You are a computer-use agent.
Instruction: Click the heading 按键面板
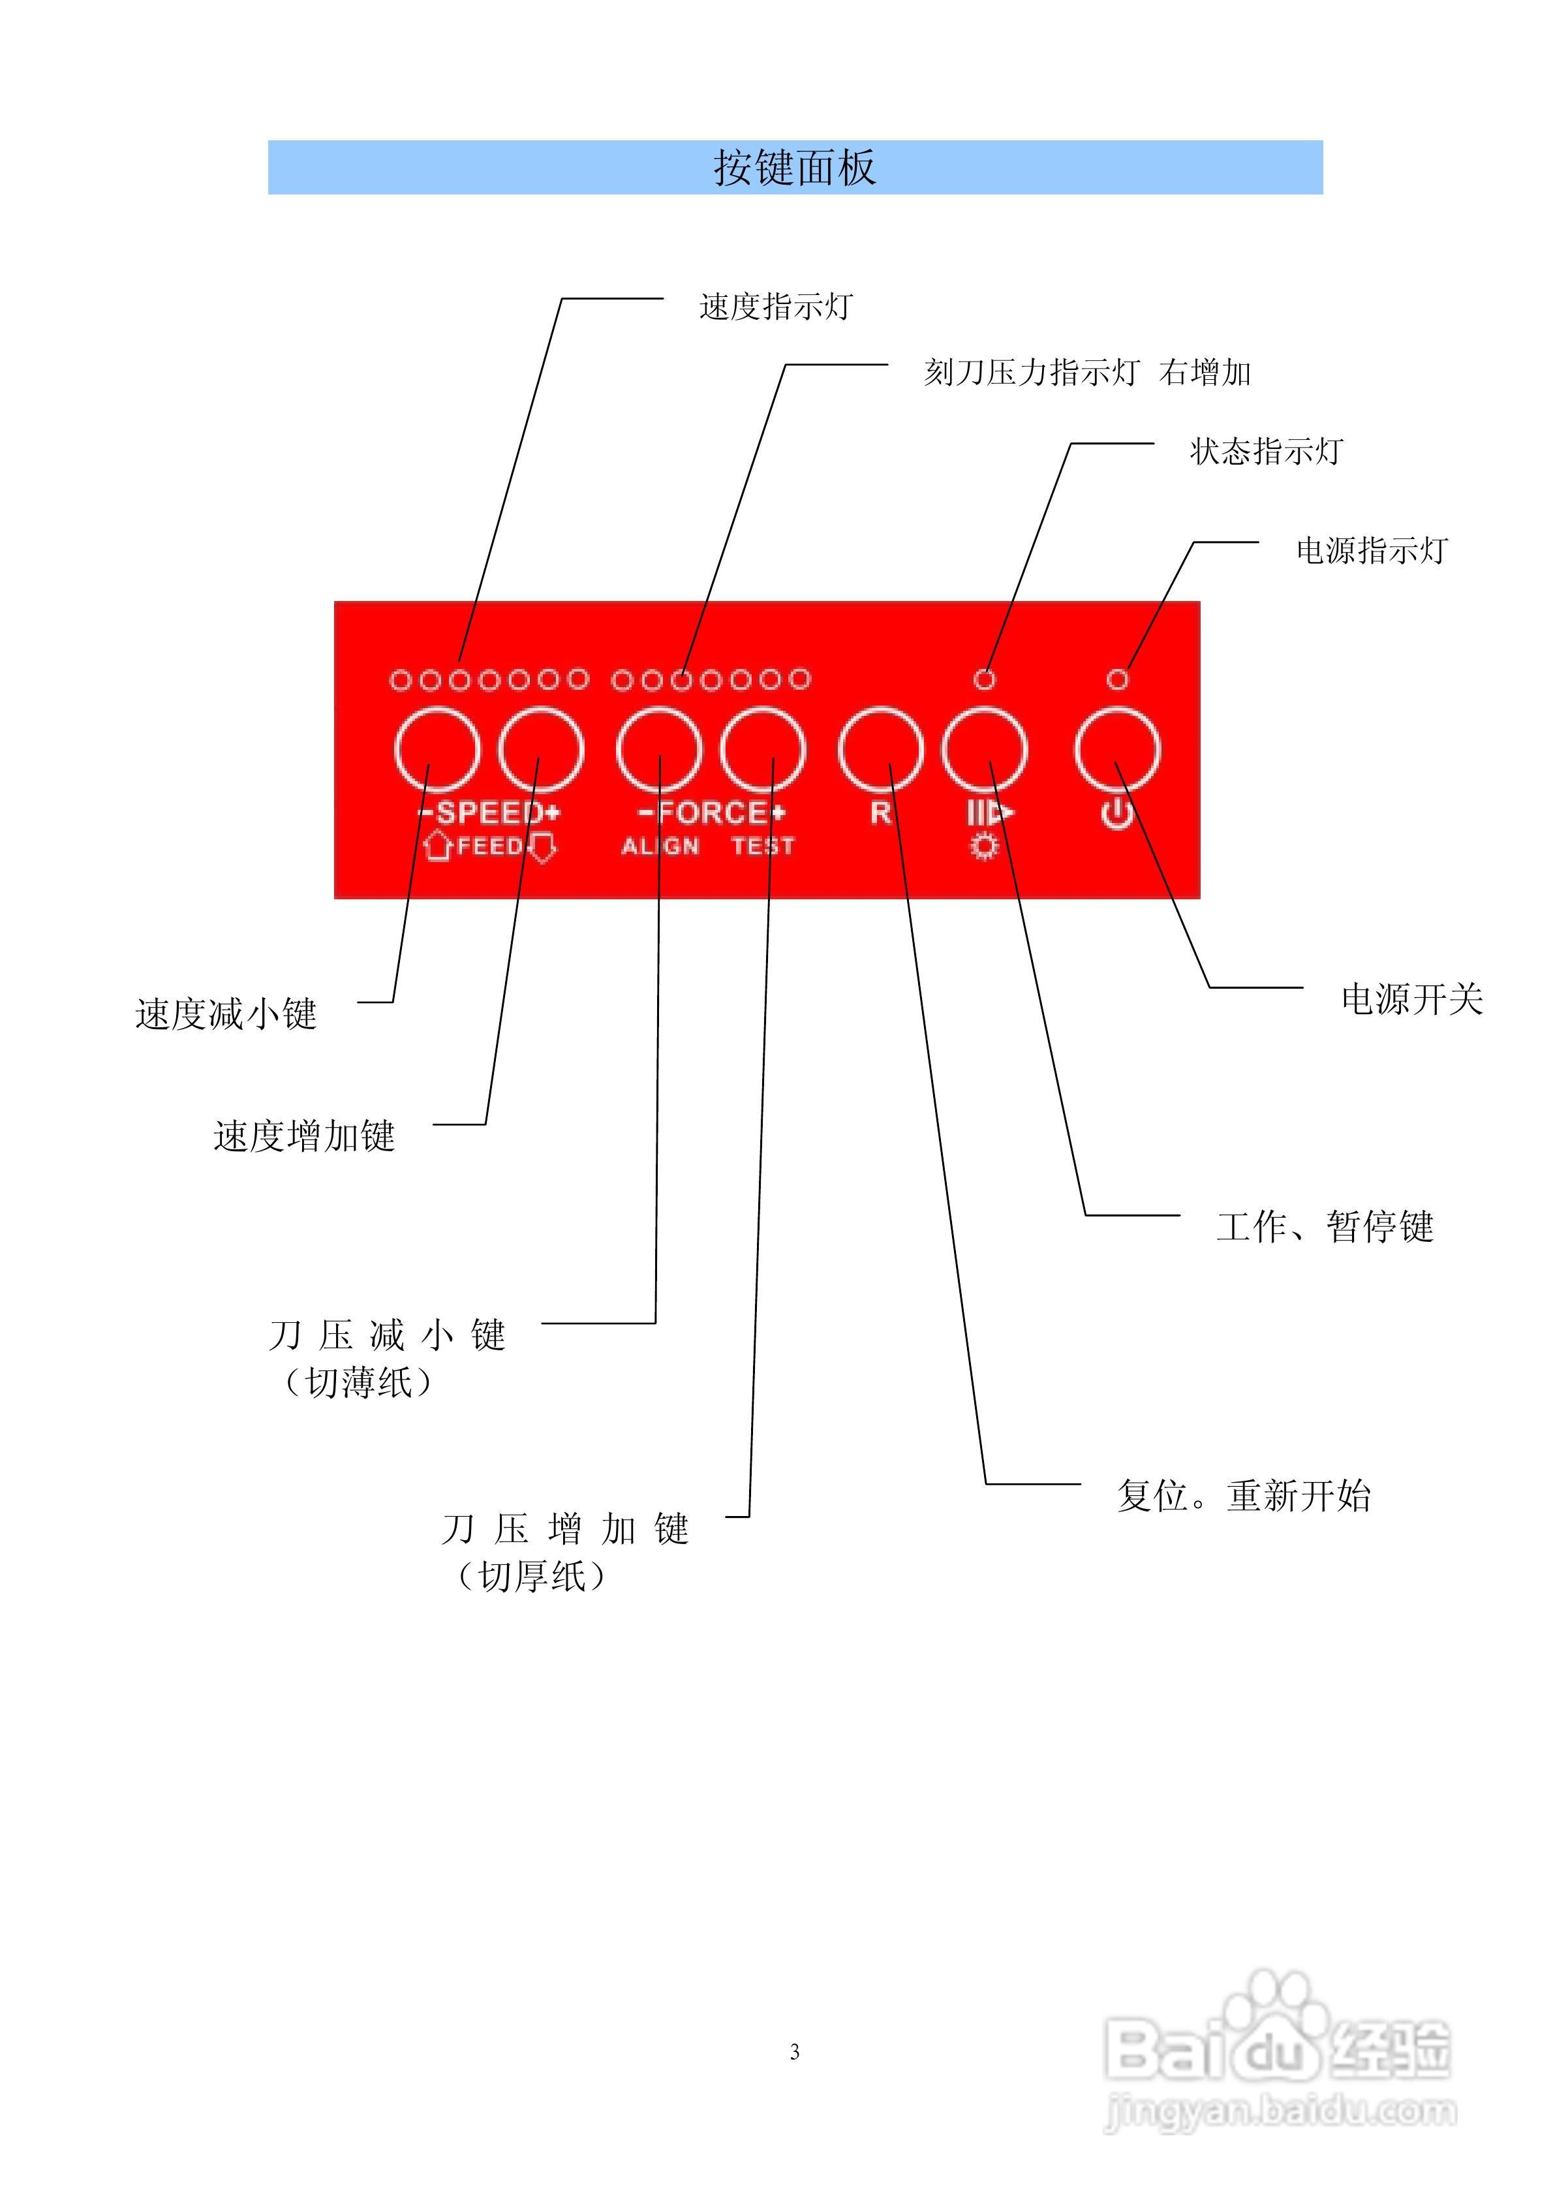pos(795,168)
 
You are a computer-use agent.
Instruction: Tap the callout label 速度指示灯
pos(776,306)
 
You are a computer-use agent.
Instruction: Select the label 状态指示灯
pos(1266,451)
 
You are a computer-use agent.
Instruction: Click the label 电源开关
pos(1411,999)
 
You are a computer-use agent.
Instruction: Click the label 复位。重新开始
pos(1244,1495)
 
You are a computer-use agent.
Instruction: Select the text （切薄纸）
pos(358,1382)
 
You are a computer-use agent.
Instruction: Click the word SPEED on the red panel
pos(490,813)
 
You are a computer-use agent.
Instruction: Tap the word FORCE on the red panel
pos(713,813)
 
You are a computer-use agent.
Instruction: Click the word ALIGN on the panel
pos(660,846)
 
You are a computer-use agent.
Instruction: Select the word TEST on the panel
pos(763,846)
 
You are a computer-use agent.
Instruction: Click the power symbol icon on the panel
pos(1117,814)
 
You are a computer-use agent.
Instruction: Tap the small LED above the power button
pos(1117,679)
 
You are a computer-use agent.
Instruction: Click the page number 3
pos(795,2052)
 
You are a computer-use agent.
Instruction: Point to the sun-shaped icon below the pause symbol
pos(984,847)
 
